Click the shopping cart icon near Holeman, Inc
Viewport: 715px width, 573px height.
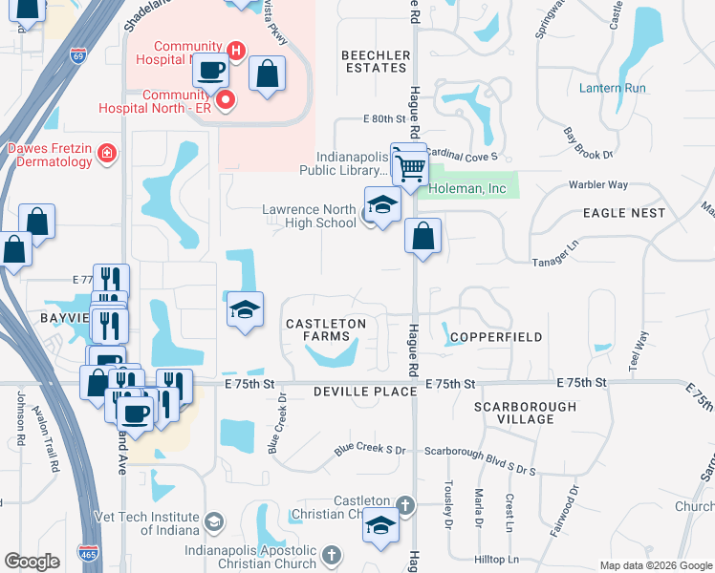[411, 168]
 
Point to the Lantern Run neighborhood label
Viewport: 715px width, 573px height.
[613, 88]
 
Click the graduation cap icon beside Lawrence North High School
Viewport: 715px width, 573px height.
[381, 204]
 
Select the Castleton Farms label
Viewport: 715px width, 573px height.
[326, 330]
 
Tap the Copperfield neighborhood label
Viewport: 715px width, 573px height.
[496, 337]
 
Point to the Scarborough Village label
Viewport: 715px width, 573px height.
[525, 413]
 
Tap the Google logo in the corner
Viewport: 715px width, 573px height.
[32, 562]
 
